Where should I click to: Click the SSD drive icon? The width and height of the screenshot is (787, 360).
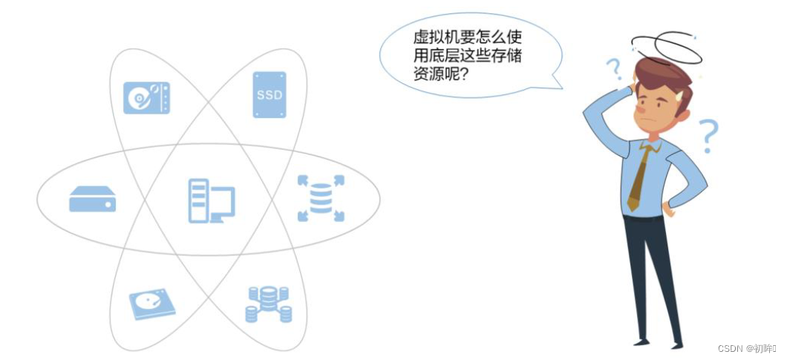tap(270, 94)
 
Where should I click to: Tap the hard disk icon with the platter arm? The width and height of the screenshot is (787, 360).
tap(146, 98)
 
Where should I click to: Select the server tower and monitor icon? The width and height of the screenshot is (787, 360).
tap(212, 201)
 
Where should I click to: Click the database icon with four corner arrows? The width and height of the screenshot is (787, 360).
tap(321, 198)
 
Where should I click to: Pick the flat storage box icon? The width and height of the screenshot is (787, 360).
tap(92, 199)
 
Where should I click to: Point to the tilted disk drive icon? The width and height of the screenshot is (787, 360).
tap(152, 304)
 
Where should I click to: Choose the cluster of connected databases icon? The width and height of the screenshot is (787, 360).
tap(269, 304)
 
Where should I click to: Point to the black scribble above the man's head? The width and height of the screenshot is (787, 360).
tap(667, 48)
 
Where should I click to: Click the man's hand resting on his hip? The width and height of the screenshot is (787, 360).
tap(668, 209)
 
